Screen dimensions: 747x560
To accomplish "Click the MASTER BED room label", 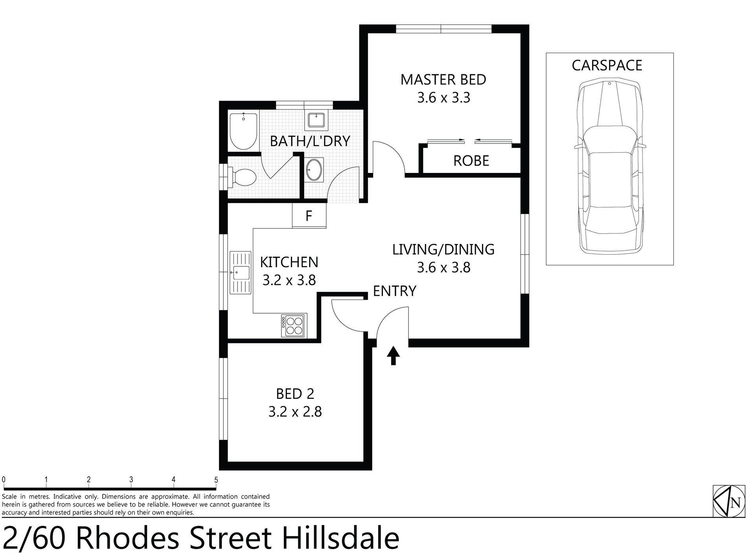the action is coord(443,80).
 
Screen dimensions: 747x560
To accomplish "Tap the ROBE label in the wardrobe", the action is coord(471,161).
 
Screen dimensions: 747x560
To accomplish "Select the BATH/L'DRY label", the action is coord(310,141).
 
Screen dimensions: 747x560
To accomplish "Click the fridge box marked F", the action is coord(309,216).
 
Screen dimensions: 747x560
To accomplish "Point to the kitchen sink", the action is coord(240,272).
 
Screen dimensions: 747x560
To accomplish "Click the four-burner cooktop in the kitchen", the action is coord(294,326).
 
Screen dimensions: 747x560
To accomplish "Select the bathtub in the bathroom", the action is coord(243,131).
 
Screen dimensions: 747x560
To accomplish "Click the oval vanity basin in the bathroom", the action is coord(314,170).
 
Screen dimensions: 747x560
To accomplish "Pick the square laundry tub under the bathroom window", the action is coord(316,119).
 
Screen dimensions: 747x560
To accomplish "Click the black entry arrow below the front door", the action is coord(393,356).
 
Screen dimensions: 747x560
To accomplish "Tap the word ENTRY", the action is coord(394,291).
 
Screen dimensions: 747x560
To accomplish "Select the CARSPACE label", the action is coord(607,65).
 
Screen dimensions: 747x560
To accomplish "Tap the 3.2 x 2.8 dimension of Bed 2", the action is coord(295,411).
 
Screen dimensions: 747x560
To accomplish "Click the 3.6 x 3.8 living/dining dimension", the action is coord(443,268).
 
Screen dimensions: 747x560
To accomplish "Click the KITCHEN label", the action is coord(289,262).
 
